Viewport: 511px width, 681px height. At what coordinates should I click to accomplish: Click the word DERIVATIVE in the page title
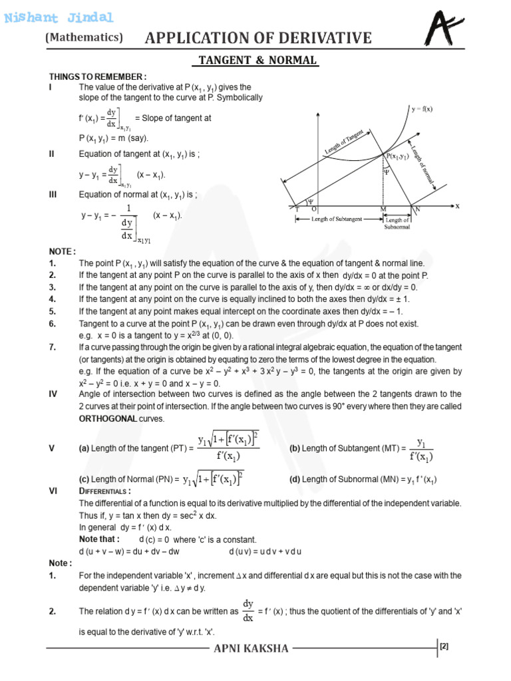coord(318,38)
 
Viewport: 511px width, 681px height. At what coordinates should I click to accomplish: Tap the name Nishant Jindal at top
coord(59,18)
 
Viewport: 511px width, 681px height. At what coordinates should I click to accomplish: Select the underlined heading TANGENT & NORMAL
coord(255,61)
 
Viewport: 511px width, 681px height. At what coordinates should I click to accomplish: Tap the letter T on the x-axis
coord(297,209)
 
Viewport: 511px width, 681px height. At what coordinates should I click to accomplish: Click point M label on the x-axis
coord(383,209)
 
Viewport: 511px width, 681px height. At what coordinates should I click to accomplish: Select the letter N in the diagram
coord(418,209)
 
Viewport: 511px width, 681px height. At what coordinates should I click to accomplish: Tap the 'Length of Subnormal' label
coord(398,223)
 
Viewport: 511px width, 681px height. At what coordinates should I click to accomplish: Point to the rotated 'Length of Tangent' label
coord(344,142)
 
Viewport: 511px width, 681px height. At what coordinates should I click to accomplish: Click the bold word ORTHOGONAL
coord(108,419)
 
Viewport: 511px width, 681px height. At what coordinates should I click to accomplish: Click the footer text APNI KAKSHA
coord(250,648)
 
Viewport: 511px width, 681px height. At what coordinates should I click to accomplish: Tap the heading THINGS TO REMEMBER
coord(98,76)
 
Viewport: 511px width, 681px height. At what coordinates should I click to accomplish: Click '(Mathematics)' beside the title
coord(85,38)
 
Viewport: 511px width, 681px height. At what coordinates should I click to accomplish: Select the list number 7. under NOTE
coord(52,347)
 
